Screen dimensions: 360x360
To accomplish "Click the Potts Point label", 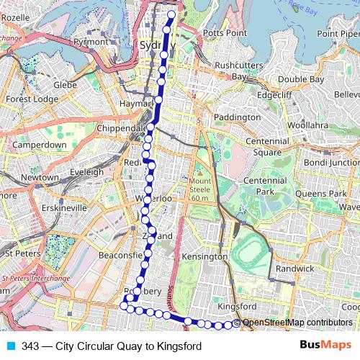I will point(225,33).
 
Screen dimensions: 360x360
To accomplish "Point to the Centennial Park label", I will point(265,186).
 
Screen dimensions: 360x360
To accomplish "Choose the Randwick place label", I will point(296,268).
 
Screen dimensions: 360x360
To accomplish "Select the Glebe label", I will point(64,85).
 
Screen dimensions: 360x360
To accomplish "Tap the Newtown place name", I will point(40,177).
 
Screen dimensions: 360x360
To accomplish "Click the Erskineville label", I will point(63,207).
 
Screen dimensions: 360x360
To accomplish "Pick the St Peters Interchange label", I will point(36,278).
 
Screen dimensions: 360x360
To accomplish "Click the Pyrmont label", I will point(90,42).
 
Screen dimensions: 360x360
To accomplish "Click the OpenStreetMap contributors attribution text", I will point(297,323).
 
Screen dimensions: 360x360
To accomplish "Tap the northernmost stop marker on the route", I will point(171,14).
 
